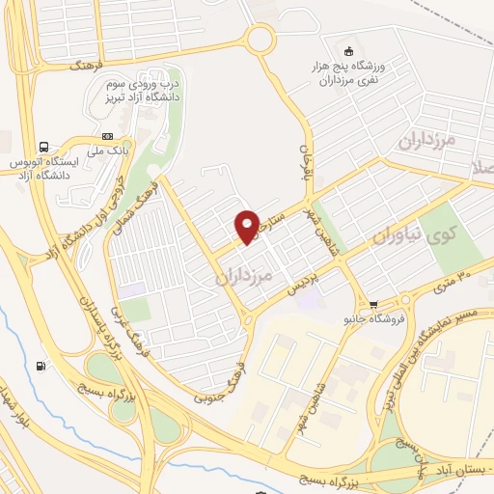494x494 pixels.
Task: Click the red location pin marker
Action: tap(247, 226)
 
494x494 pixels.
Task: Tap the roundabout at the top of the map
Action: tap(260, 40)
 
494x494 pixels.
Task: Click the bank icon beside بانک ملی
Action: tap(107, 136)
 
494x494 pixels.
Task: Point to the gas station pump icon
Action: tap(40, 366)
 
